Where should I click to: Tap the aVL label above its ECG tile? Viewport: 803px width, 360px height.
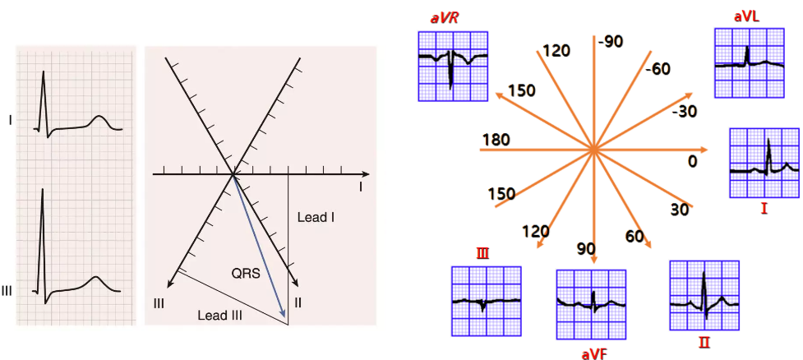click(749, 16)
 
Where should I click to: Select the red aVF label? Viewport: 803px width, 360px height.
click(594, 353)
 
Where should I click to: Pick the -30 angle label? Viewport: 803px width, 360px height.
click(685, 111)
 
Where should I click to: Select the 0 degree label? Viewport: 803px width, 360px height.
click(692, 162)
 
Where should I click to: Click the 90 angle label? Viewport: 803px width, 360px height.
click(585, 249)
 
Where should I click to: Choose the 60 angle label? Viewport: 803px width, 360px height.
click(635, 238)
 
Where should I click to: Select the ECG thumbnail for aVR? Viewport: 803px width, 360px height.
click(453, 66)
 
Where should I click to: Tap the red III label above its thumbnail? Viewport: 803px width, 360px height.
click(482, 254)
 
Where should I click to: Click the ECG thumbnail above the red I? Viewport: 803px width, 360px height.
click(764, 163)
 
